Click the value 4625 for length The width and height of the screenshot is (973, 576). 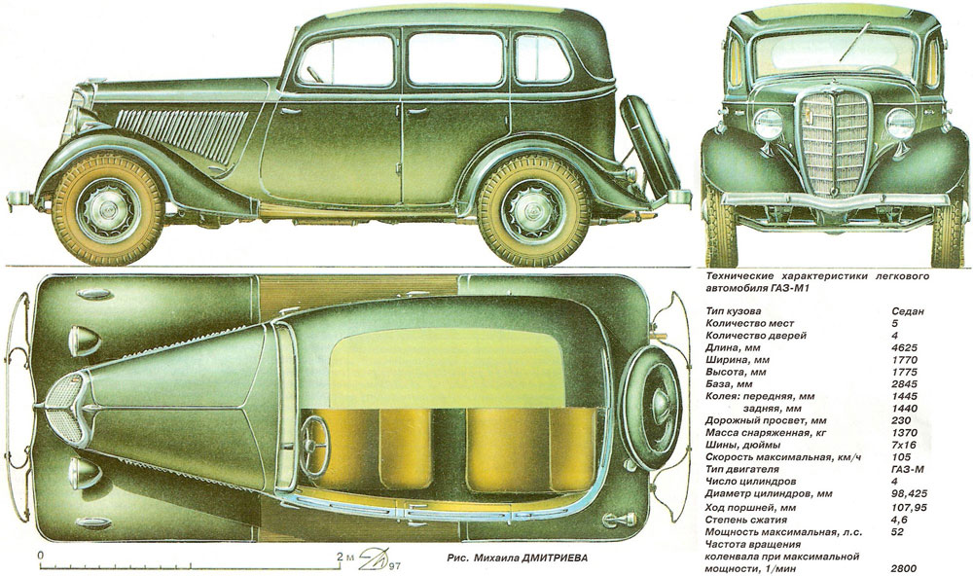pos(905,347)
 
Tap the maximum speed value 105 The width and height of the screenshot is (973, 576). pos(902,456)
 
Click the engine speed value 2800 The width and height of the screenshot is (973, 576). pos(905,566)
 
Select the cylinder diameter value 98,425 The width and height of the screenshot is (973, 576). pos(911,493)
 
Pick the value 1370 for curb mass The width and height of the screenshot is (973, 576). pos(905,432)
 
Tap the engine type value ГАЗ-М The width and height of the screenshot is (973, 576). pos(910,469)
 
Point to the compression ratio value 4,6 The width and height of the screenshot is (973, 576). pos(900,518)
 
